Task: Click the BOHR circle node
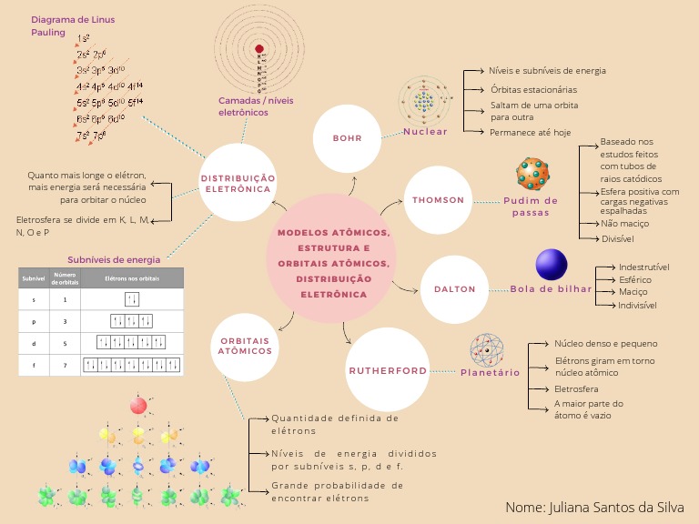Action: [349, 138]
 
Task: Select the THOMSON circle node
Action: [438, 199]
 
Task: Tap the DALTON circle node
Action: [454, 288]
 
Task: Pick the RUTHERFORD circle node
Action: [387, 370]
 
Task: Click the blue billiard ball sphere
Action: [552, 265]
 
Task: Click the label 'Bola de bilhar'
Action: [551, 289]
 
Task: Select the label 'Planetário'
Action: [490, 373]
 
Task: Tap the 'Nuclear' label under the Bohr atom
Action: [425, 132]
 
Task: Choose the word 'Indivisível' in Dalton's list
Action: [637, 306]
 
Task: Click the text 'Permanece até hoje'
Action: [530, 132]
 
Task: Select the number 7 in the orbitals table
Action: [65, 365]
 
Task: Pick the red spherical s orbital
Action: [137, 406]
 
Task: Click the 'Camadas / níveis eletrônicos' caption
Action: [256, 106]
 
